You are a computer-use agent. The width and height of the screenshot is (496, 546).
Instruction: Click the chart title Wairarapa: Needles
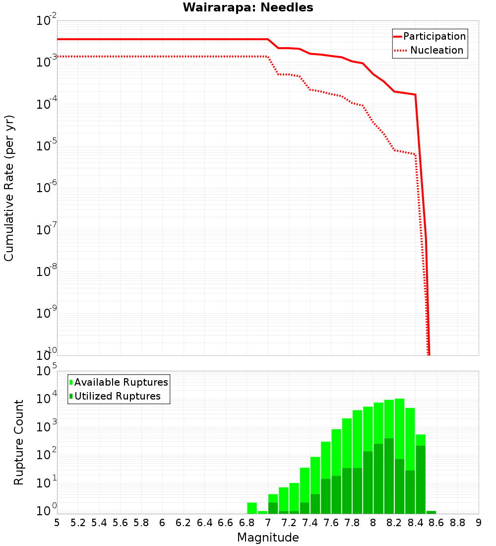coord(248,7)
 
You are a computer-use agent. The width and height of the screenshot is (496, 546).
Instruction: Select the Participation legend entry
coord(434,36)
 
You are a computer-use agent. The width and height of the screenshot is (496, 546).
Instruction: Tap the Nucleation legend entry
coord(436,50)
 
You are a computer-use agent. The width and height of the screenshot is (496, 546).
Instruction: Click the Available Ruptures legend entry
coord(121,382)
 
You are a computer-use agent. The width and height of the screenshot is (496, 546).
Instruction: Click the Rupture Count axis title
coord(19,442)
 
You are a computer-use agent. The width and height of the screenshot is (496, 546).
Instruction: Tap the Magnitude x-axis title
coord(268,537)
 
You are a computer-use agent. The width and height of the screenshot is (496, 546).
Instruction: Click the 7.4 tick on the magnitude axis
coord(310,522)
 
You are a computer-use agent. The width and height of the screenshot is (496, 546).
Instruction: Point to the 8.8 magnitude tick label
coord(457,522)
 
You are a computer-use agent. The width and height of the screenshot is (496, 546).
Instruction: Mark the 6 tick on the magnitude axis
coord(162,522)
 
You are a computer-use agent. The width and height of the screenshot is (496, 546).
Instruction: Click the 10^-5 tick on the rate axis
coord(46,146)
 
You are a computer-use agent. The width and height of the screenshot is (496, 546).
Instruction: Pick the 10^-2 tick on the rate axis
coord(46,21)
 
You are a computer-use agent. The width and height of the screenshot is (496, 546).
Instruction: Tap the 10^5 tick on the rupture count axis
coord(46,371)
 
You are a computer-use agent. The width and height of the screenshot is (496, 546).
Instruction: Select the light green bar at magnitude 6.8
coord(252,508)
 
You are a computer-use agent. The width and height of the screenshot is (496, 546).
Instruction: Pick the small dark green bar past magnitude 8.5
coord(431,512)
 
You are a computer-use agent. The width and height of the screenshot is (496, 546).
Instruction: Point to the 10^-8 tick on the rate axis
coord(46,272)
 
